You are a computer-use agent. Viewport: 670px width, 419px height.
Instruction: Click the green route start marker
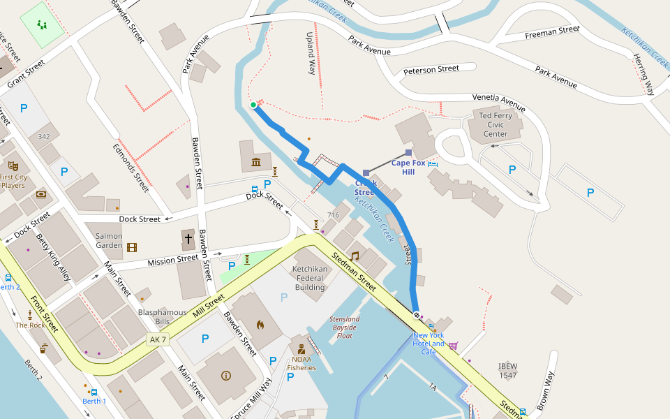[253, 105]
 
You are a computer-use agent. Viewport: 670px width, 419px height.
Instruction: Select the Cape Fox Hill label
[408, 167]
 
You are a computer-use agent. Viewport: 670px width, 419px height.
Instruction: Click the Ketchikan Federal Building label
[309, 278]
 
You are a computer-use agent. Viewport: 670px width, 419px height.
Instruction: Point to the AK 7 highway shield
[158, 339]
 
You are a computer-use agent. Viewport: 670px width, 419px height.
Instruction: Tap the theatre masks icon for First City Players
[13, 166]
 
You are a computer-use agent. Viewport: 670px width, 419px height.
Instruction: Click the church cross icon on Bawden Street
[188, 239]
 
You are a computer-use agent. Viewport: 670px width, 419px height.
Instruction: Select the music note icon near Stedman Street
[355, 256]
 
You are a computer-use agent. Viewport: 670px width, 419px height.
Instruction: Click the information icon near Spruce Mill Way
[226, 375]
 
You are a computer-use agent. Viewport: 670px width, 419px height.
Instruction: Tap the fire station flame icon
[260, 324]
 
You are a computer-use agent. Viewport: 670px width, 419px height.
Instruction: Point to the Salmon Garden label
[109, 241]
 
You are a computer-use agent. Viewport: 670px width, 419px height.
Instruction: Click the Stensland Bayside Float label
[345, 327]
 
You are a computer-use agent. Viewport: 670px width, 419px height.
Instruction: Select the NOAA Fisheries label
[301, 363]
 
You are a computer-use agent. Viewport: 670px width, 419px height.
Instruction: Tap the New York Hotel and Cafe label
[429, 344]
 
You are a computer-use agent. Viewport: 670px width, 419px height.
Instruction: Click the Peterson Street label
[431, 70]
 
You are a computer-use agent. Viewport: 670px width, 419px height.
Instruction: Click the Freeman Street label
[552, 31]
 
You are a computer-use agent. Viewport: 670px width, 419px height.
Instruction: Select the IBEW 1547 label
[507, 371]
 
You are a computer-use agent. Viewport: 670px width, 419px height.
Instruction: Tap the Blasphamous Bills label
[162, 317]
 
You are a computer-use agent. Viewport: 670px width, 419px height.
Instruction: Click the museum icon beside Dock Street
[256, 163]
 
